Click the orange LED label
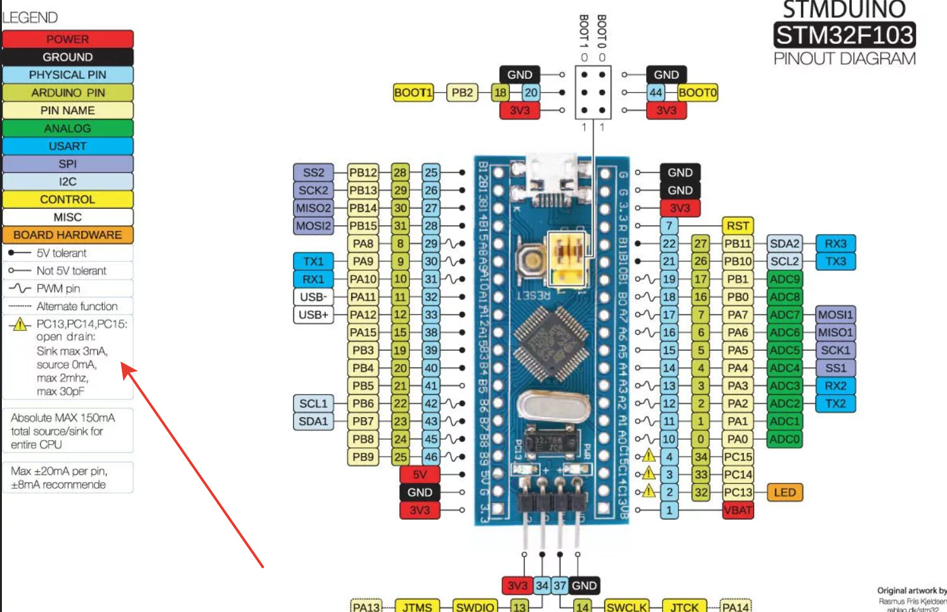[x=785, y=492]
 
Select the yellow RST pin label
[x=738, y=226]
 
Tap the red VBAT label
[x=738, y=510]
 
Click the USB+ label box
[x=314, y=315]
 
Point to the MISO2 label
[x=314, y=208]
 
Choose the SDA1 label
[x=314, y=421]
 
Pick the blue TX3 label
[x=835, y=261]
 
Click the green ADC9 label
[x=785, y=279]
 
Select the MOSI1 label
[x=835, y=315]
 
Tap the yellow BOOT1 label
[x=413, y=93]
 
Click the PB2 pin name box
[x=462, y=93]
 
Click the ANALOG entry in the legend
[x=68, y=128]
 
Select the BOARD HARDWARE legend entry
[x=68, y=235]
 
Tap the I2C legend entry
[x=68, y=181]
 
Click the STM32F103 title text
[x=844, y=35]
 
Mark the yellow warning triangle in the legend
[x=20, y=325]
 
